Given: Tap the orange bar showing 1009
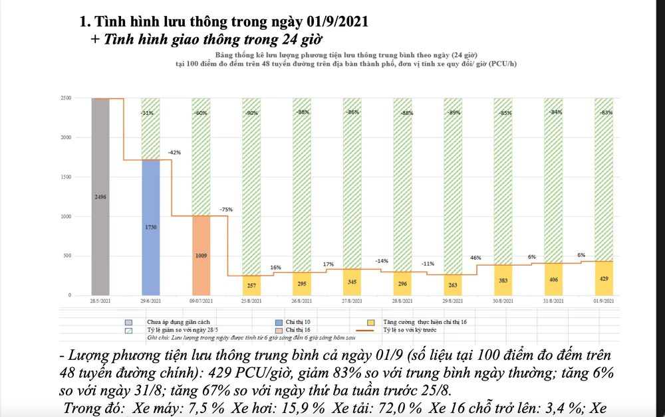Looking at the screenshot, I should point(201,255).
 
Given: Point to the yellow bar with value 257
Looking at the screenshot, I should point(251,286).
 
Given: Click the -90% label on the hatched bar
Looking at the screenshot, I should point(251,113).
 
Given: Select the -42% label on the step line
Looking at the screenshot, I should point(175,152).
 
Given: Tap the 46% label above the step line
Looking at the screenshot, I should point(476,257).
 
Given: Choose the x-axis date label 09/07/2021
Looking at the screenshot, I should point(201,301).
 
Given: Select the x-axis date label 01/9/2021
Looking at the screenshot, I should point(604,301).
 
